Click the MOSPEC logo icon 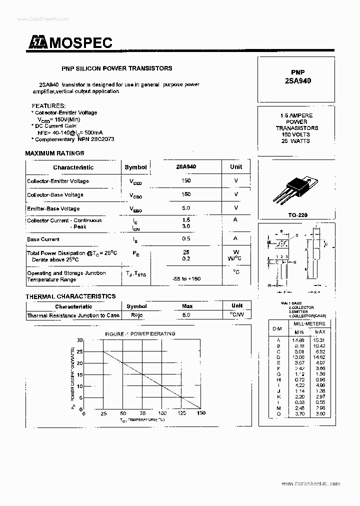(x=36, y=44)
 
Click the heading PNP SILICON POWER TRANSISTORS (x=116, y=68)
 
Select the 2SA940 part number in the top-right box (x=297, y=80)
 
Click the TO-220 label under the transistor (x=297, y=215)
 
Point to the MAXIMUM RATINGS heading (x=54, y=153)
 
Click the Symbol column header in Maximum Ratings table (x=135, y=167)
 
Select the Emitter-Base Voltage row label (x=53, y=208)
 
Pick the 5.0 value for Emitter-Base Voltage (x=186, y=208)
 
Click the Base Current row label (x=43, y=239)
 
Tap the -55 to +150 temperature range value (x=186, y=278)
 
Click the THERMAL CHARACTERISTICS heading (x=70, y=296)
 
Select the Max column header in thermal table (x=187, y=306)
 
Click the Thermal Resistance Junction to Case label (x=73, y=315)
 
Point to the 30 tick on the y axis (x=79, y=340)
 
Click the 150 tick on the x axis (x=201, y=413)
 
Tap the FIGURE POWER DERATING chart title (x=140, y=333)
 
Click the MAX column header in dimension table (x=320, y=332)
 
